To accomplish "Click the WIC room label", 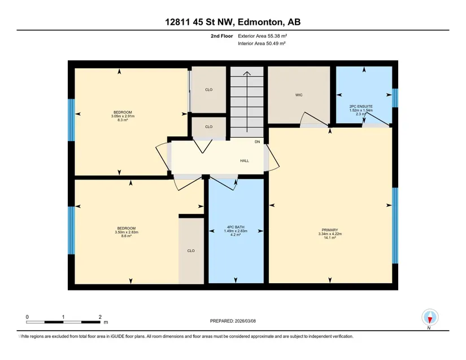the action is click(x=299, y=95).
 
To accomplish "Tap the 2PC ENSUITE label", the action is click(x=361, y=106).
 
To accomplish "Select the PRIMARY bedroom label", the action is click(x=330, y=230).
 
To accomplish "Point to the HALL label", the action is click(x=245, y=161).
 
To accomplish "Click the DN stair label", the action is click(x=258, y=142).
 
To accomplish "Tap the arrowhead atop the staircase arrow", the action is click(x=247, y=73).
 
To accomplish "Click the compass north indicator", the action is click(x=430, y=318).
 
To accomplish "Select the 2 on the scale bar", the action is click(x=100, y=317).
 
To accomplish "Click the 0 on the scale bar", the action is click(x=27, y=317).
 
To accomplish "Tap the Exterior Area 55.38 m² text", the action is click(x=263, y=36).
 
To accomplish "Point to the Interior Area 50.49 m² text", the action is click(x=262, y=43).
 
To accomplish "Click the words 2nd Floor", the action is click(x=222, y=36).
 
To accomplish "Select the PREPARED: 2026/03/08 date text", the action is click(x=233, y=321).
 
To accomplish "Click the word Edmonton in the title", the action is click(x=260, y=22).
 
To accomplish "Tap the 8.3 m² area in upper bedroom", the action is click(x=123, y=120).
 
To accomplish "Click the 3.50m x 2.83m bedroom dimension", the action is click(x=127, y=232).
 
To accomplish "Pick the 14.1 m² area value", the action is click(x=330, y=238).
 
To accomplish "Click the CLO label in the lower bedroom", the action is click(x=191, y=251).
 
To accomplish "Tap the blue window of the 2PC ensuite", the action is click(x=395, y=98).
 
